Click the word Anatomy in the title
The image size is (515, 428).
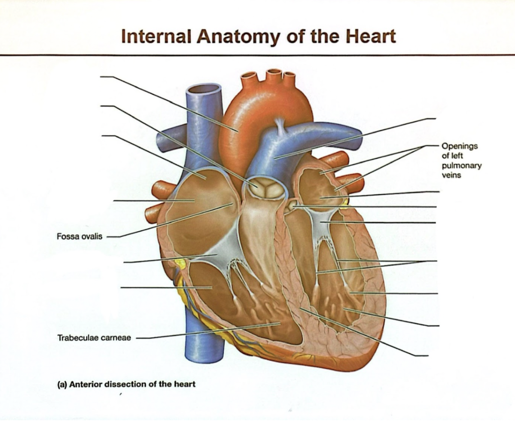click(x=239, y=37)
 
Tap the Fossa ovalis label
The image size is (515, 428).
click(x=79, y=237)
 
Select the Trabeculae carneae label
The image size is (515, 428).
click(x=94, y=338)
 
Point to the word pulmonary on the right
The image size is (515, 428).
click(x=461, y=166)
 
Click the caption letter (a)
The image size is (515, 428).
click(x=62, y=384)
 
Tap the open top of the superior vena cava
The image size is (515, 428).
click(x=204, y=89)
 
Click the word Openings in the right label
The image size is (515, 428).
click(x=460, y=146)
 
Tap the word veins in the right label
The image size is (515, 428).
click(x=451, y=175)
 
